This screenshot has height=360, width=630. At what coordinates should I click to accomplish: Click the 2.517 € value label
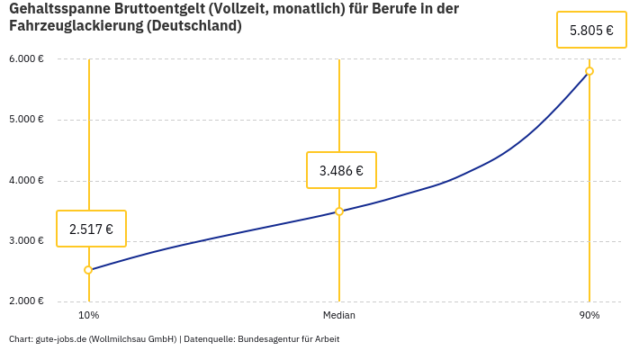pyautogui.click(x=91, y=229)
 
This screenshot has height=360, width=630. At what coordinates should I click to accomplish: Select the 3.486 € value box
pyautogui.click(x=341, y=170)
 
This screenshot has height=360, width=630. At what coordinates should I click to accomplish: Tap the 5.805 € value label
pyautogui.click(x=591, y=30)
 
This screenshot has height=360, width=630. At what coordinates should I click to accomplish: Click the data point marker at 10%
pyautogui.click(x=88, y=270)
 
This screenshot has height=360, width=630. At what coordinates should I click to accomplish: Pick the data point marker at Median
pyautogui.click(x=339, y=211)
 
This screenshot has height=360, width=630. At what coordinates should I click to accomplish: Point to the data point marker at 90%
pyautogui.click(x=589, y=71)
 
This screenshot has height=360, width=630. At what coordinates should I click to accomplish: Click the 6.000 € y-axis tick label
pyautogui.click(x=27, y=59)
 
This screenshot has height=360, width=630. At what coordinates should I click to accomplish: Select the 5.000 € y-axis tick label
pyautogui.click(x=27, y=120)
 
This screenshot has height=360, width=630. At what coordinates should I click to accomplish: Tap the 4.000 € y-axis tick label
pyautogui.click(x=27, y=180)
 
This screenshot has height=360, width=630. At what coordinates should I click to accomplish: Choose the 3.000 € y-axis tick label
pyautogui.click(x=27, y=241)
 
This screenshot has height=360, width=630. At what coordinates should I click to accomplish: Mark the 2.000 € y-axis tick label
pyautogui.click(x=27, y=301)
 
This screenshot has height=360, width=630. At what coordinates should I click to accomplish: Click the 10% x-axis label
pyautogui.click(x=88, y=316)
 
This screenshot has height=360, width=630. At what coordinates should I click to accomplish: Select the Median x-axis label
pyautogui.click(x=339, y=316)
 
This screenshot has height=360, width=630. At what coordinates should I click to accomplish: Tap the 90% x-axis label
pyautogui.click(x=589, y=316)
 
